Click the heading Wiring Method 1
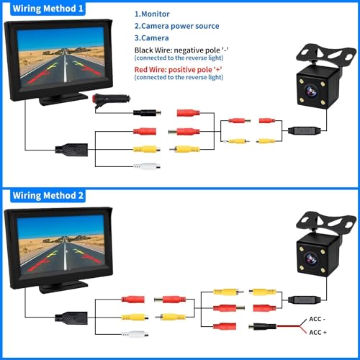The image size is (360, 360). click(x=48, y=9)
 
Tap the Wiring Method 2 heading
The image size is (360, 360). click(x=48, y=196)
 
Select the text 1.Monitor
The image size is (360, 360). click(x=152, y=14)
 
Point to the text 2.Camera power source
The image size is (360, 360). click(x=176, y=26)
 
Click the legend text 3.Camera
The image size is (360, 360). click(x=151, y=38)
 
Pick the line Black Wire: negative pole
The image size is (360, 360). click(x=181, y=50)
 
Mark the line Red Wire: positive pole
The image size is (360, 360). click(x=178, y=70)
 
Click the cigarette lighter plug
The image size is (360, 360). click(x=111, y=99)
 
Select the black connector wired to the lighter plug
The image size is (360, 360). click(x=147, y=112)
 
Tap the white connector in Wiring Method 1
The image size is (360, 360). click(x=147, y=166)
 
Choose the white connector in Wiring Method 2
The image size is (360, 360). click(x=135, y=334)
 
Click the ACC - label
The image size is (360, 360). click(x=317, y=319)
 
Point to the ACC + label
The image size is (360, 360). click(x=318, y=333)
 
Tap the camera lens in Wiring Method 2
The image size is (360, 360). click(x=311, y=258)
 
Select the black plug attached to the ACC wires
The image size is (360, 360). click(x=263, y=326)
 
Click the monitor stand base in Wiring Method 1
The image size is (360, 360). click(x=63, y=99)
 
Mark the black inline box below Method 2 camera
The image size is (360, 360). click(x=305, y=300)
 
